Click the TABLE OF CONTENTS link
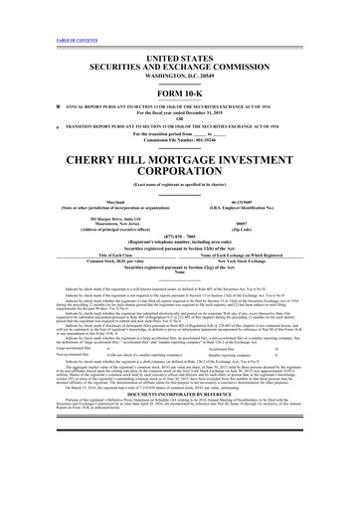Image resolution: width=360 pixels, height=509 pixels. click(x=29, y=9)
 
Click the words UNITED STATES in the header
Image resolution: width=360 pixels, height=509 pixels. click(x=179, y=34)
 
